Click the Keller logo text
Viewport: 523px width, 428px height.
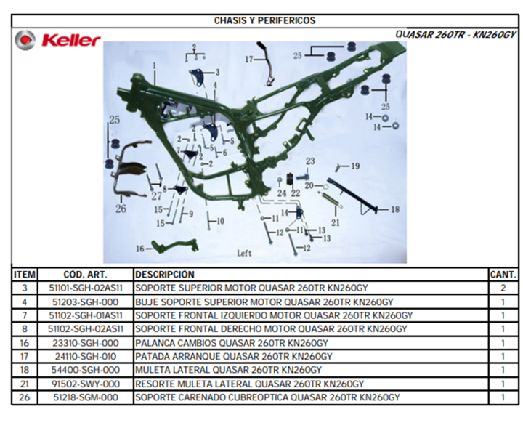click(x=70, y=41)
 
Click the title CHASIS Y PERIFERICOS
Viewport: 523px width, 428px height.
click(x=264, y=20)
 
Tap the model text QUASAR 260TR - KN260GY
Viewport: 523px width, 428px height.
click(x=455, y=34)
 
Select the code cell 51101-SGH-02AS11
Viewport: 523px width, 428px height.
click(x=86, y=288)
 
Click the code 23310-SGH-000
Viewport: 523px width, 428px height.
click(x=86, y=343)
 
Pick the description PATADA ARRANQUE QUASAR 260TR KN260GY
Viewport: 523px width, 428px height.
click(x=233, y=357)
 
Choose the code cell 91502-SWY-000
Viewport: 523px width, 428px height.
click(x=86, y=384)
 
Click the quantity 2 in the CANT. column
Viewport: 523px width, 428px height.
click(x=503, y=288)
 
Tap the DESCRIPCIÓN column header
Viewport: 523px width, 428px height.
click(x=165, y=275)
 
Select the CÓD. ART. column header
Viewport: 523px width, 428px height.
click(x=86, y=275)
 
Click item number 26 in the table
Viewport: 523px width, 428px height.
click(x=25, y=397)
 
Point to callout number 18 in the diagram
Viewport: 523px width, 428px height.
click(x=395, y=209)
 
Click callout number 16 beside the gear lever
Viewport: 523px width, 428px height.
click(x=140, y=249)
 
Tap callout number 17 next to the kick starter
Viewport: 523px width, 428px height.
click(x=249, y=60)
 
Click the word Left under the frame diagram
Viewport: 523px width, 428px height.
click(x=244, y=253)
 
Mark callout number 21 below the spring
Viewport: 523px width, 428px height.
click(x=335, y=222)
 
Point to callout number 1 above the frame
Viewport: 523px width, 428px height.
click(x=155, y=65)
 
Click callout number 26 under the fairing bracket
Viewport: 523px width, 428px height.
click(x=121, y=209)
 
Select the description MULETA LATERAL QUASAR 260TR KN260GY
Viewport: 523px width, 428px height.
click(x=228, y=371)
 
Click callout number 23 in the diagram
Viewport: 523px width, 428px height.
click(x=310, y=161)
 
